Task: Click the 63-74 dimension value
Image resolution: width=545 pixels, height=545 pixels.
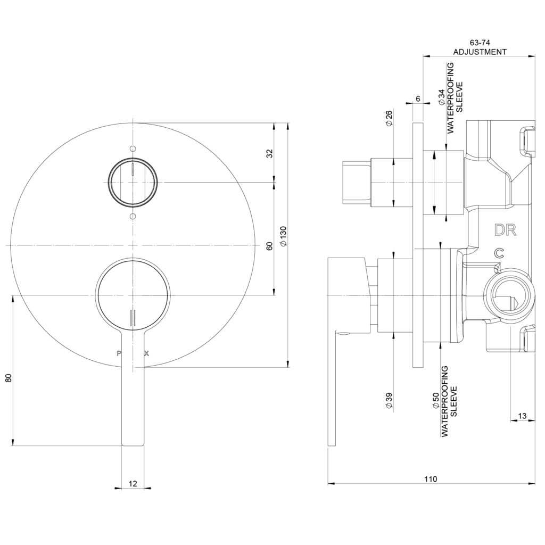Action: point(480,42)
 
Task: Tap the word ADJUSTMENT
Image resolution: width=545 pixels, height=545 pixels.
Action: point(480,52)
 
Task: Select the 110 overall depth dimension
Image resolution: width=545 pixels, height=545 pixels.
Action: point(431,479)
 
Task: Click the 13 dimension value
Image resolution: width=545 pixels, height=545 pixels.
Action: point(522,416)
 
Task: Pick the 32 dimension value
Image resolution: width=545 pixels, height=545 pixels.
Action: point(269,153)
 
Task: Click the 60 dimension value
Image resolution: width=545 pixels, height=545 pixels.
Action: point(269,246)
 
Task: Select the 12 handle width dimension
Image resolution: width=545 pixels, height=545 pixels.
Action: point(133,483)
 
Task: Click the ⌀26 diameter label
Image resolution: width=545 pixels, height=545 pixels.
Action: point(389,118)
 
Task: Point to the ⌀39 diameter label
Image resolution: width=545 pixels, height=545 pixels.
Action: point(389,400)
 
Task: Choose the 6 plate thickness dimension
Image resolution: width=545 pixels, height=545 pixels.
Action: point(418,99)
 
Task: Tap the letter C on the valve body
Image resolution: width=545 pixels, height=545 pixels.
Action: point(499,254)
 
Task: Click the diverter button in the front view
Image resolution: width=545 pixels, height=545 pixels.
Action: point(133,182)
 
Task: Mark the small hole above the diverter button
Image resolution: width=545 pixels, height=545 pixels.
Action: point(133,148)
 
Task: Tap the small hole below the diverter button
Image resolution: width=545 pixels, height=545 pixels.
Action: point(133,216)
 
